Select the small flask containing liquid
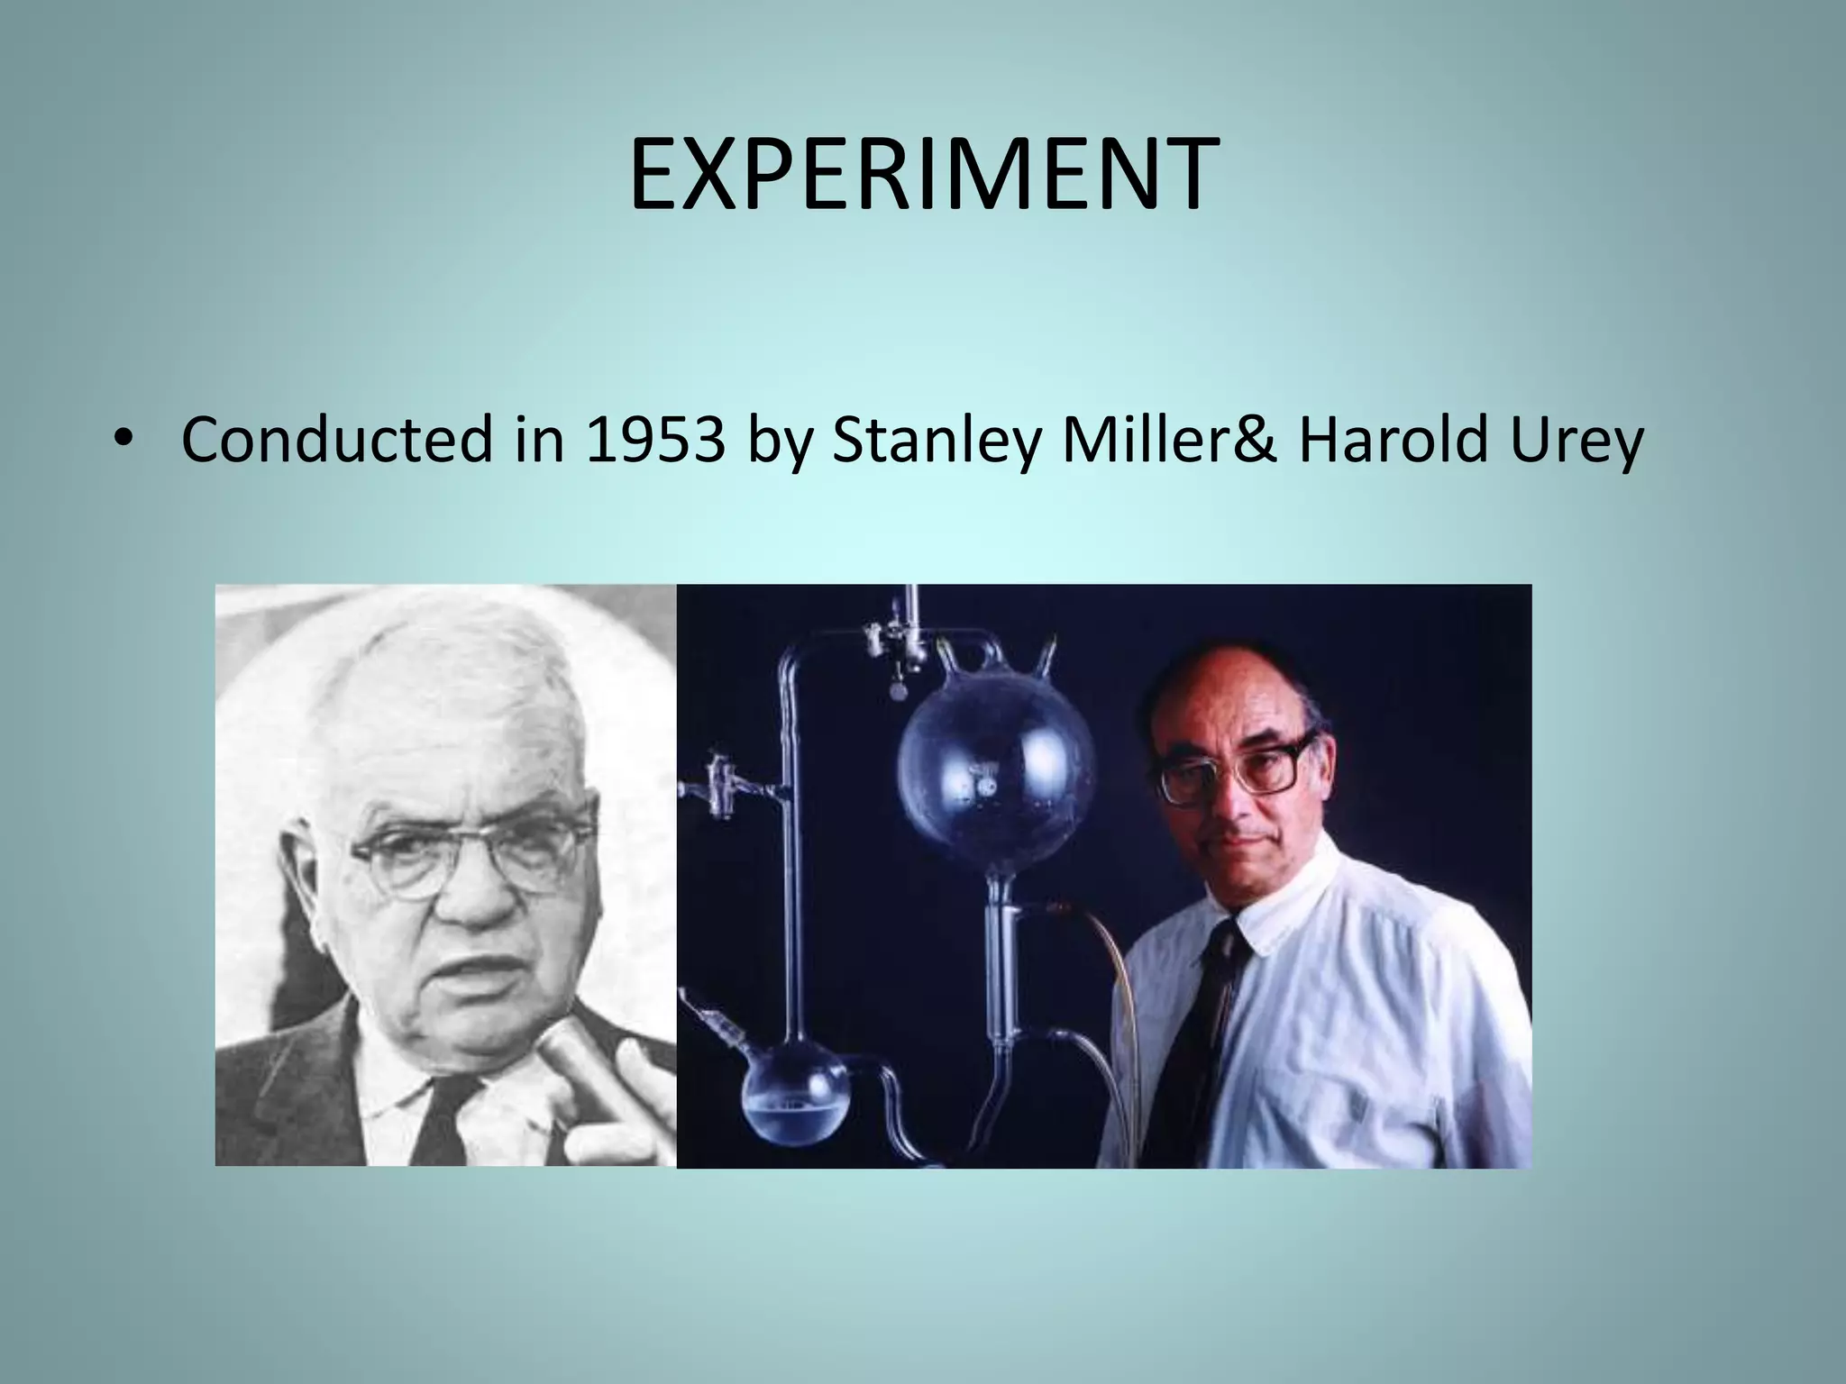click(794, 1104)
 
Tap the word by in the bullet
click(778, 442)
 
